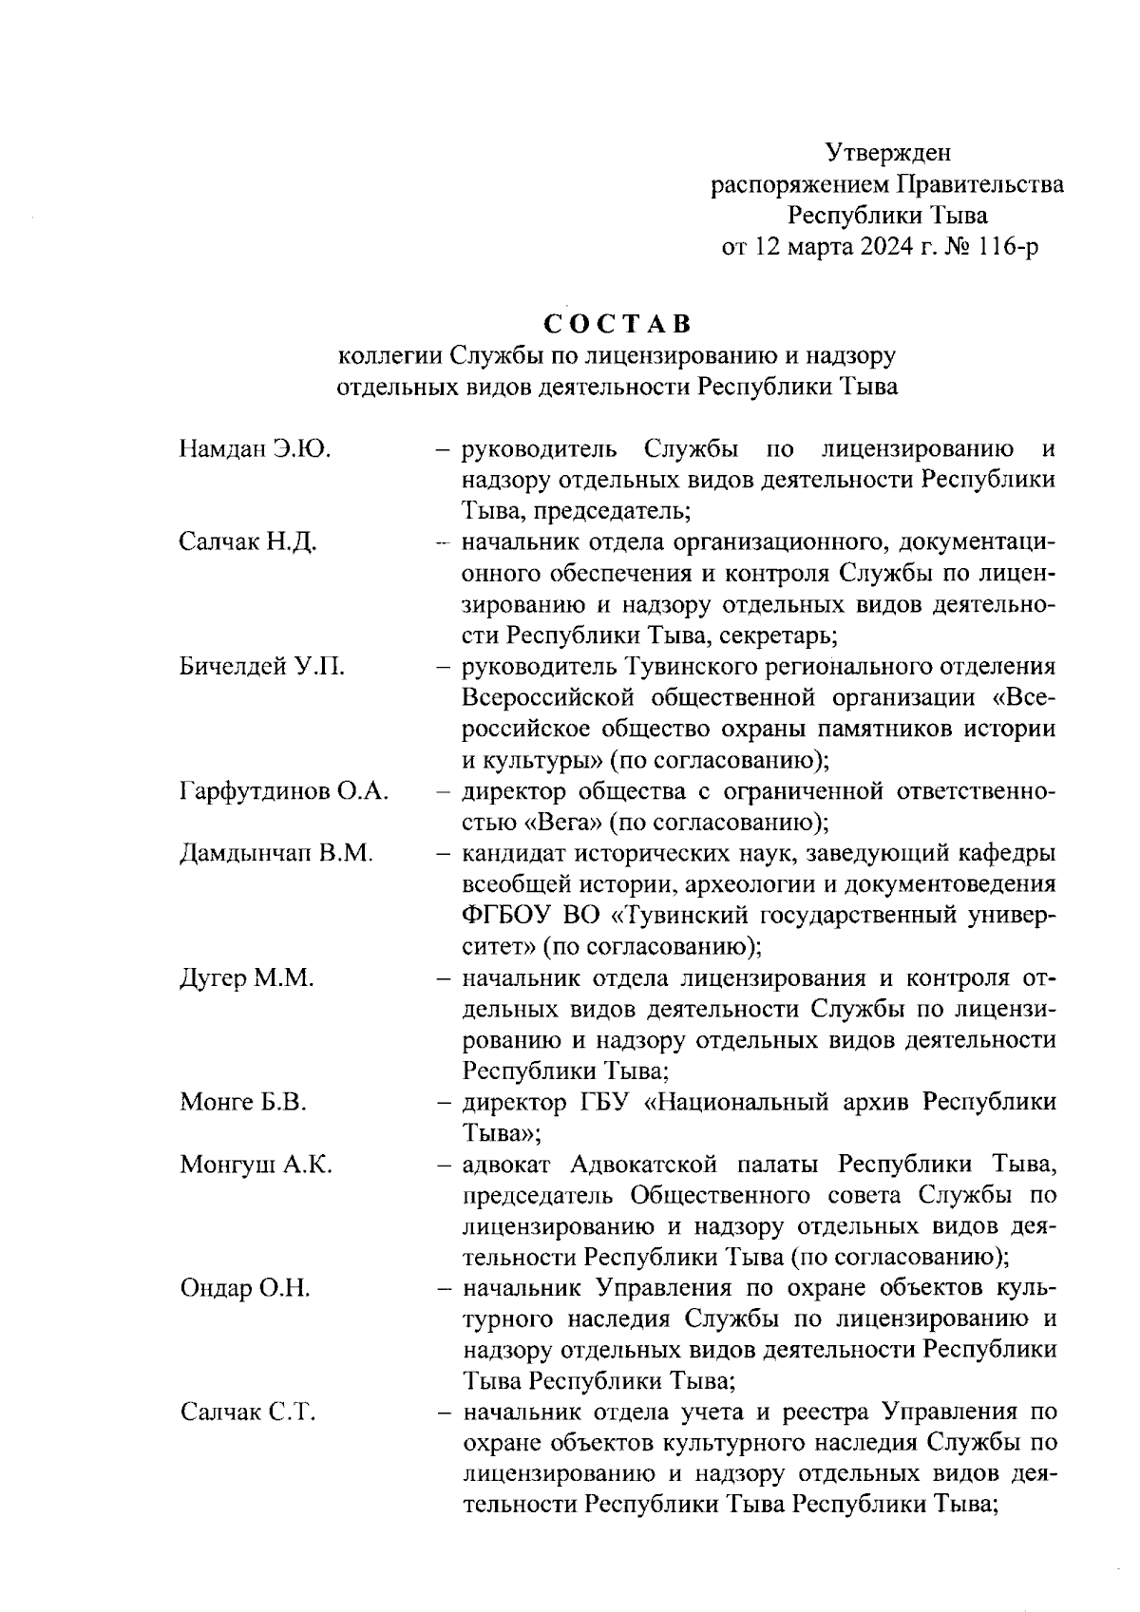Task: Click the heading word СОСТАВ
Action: [617, 324]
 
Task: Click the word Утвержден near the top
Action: [887, 152]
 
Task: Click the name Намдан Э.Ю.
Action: [255, 448]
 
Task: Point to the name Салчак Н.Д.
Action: [248, 542]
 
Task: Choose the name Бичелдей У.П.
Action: [261, 667]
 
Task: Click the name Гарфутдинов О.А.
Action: [284, 791]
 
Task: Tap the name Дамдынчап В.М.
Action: [276, 853]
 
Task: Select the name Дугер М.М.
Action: [246, 978]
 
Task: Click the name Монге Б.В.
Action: [243, 1102]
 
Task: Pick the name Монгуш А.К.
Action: [256, 1165]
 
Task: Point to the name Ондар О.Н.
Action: [245, 1289]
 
